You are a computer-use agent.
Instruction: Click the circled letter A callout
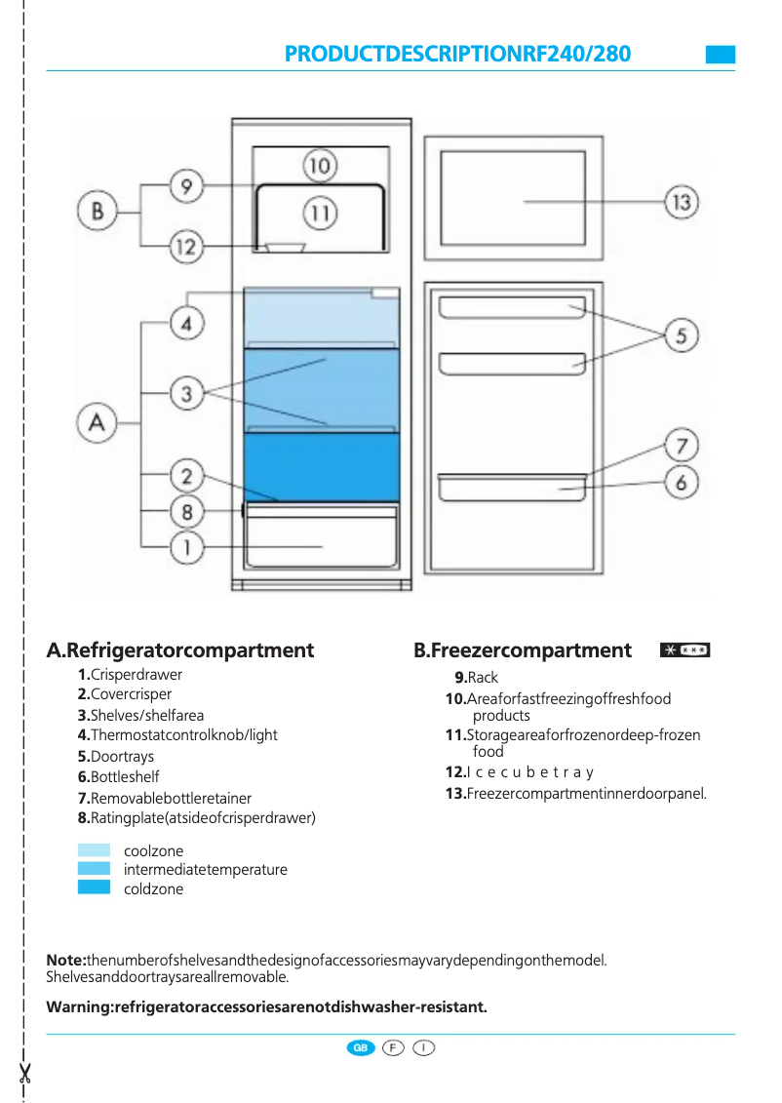click(x=97, y=422)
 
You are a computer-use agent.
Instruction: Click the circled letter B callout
click(x=97, y=211)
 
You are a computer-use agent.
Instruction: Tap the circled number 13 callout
click(x=682, y=202)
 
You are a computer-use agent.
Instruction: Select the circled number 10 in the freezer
click(x=320, y=166)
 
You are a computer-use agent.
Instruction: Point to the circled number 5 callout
click(x=682, y=336)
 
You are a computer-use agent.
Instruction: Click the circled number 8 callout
click(x=186, y=511)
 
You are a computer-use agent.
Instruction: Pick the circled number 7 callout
click(x=682, y=447)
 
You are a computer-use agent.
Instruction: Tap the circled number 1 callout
click(x=186, y=547)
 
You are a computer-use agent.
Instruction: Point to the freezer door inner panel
click(x=512, y=202)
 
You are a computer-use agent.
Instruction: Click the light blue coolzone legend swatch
click(x=94, y=850)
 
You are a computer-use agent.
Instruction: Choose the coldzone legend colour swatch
click(x=94, y=887)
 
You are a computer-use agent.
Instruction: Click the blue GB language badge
click(x=361, y=1047)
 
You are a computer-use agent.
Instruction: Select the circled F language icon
click(x=393, y=1047)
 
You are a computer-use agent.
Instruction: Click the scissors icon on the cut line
click(x=24, y=1073)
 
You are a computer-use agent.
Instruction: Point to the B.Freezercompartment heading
click(x=523, y=650)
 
